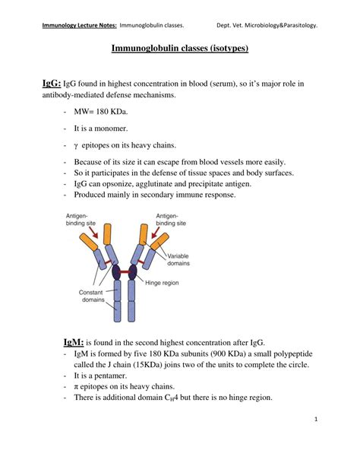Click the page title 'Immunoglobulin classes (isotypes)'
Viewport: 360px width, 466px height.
pyautogui.click(x=180, y=48)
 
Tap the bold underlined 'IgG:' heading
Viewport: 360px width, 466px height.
pyautogui.click(x=52, y=84)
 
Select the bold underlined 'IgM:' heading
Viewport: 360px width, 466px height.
pyautogui.click(x=74, y=342)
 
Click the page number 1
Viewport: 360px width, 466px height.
pyautogui.click(x=316, y=420)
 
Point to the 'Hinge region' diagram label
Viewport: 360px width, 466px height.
pyautogui.click(x=162, y=283)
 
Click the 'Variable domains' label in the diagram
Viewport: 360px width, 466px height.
pyautogui.click(x=178, y=259)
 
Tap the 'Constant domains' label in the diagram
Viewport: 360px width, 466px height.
pyautogui.click(x=91, y=296)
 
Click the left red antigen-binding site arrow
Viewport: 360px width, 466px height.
pyautogui.click(x=93, y=232)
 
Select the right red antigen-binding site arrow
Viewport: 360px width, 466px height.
pyautogui.click(x=156, y=232)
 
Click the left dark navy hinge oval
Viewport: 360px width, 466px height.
pyautogui.click(x=116, y=272)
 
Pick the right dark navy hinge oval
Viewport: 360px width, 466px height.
pyautogui.click(x=132, y=272)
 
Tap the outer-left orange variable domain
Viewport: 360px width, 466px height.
pyautogui.click(x=89, y=242)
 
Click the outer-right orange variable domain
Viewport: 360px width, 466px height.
pyautogui.click(x=159, y=241)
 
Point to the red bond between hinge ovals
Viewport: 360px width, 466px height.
pyautogui.click(x=125, y=272)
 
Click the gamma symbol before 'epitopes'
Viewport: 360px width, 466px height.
pyautogui.click(x=76, y=146)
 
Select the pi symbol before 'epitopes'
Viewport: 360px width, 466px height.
pyautogui.click(x=76, y=387)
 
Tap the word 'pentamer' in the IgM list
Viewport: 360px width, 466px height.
pyautogui.click(x=110, y=376)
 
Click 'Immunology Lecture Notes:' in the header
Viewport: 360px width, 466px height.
pyautogui.click(x=79, y=25)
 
